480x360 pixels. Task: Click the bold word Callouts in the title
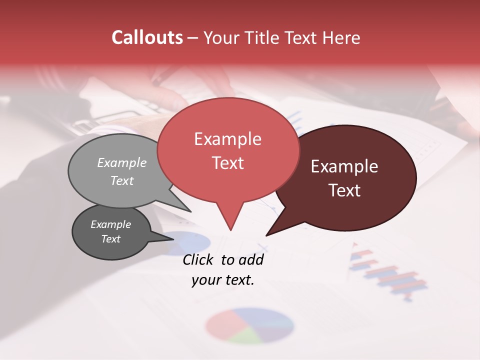(147, 37)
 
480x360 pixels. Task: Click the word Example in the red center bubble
(227, 139)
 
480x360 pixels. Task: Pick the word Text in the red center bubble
(227, 163)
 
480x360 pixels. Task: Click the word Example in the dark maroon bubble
(344, 166)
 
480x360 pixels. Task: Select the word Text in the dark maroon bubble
(344, 190)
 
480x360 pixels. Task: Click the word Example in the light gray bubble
(122, 162)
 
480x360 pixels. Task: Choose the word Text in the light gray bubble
(122, 180)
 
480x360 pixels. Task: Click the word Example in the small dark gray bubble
(110, 224)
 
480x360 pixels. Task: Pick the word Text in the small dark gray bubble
(110, 239)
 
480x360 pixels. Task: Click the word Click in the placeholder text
(199, 259)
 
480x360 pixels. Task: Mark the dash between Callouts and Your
(193, 38)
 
